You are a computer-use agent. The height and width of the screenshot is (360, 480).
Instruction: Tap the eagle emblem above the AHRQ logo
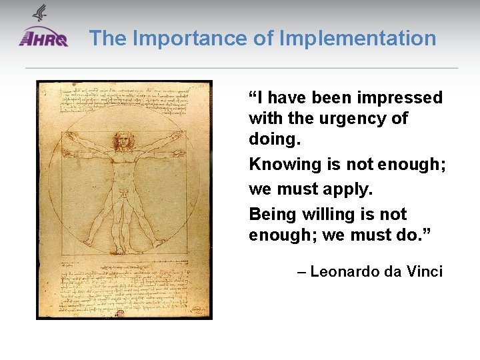[39, 13]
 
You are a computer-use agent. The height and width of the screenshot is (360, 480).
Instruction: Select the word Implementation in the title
[357, 38]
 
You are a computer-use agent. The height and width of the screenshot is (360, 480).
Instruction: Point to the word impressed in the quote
[400, 98]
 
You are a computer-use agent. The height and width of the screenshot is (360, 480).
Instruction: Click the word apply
[347, 189]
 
